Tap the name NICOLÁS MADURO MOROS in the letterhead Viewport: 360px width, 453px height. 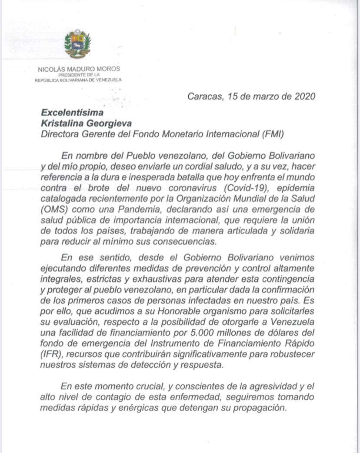pyautogui.click(x=79, y=69)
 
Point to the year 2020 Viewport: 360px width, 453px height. pyautogui.click(x=301, y=97)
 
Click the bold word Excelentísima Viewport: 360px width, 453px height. pyautogui.click(x=72, y=113)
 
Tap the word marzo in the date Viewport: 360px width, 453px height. pyautogui.click(x=256, y=97)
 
